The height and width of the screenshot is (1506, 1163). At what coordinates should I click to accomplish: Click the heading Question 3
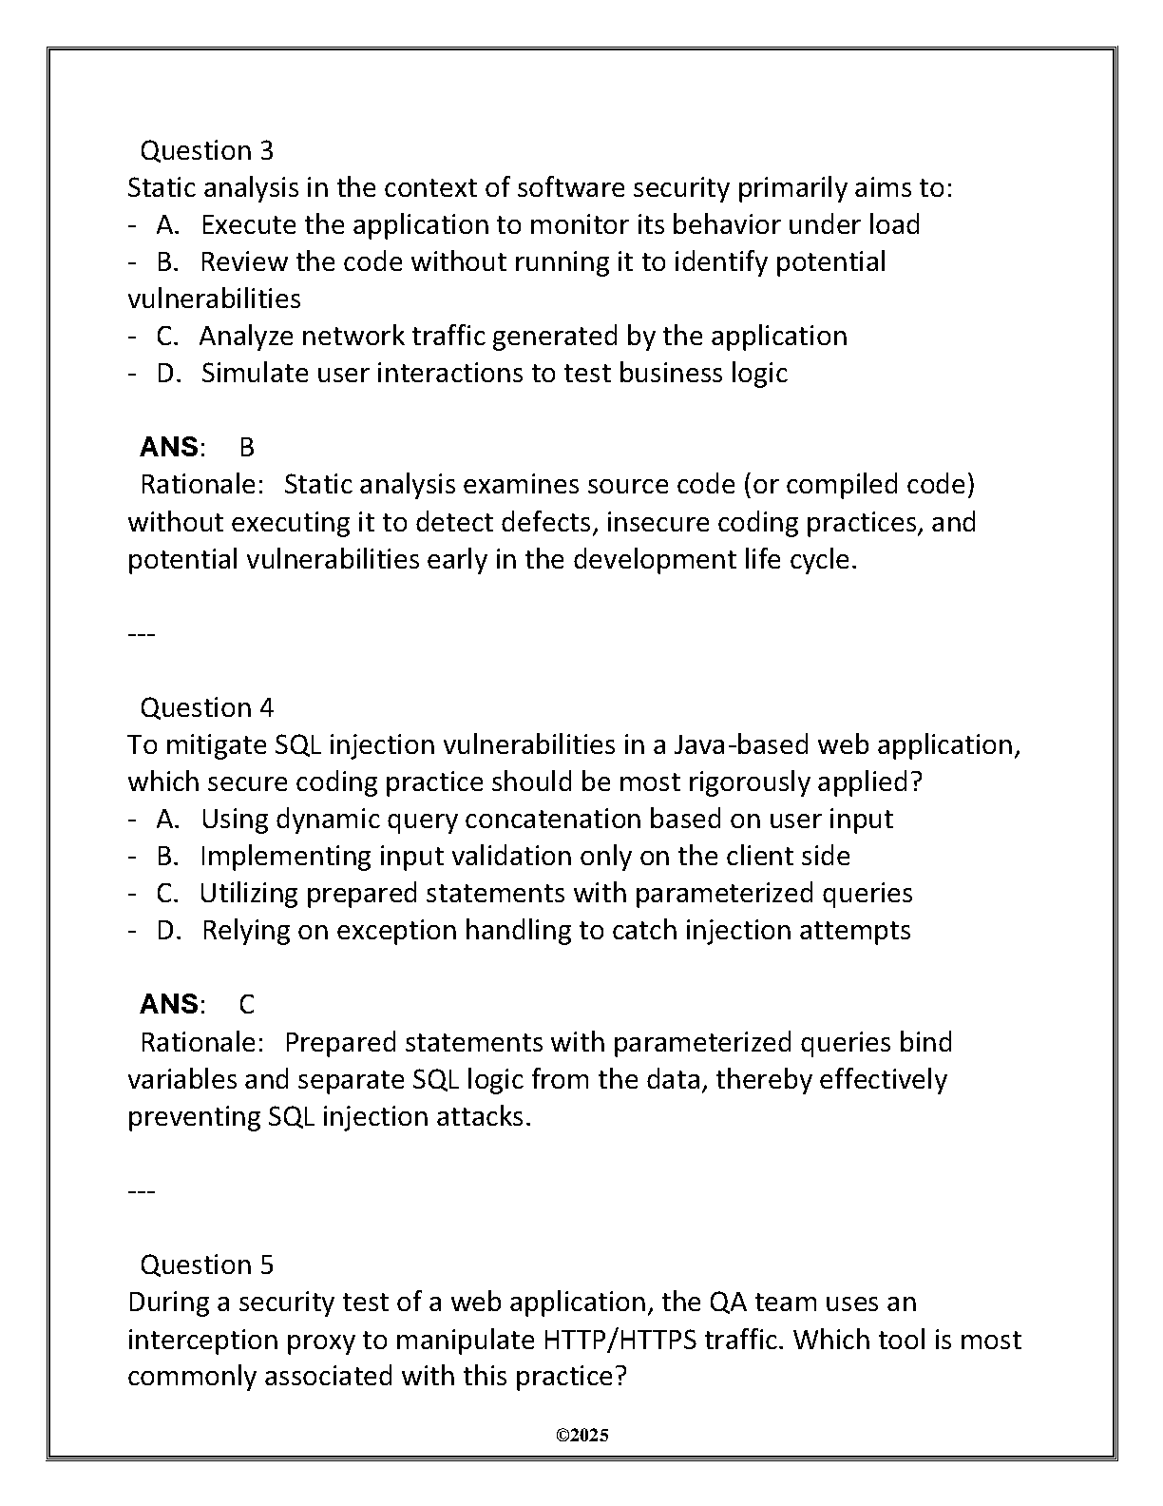click(x=206, y=150)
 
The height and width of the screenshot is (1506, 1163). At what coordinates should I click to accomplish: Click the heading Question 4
click(x=206, y=707)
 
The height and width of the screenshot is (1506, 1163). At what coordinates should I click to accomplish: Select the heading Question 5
click(x=206, y=1265)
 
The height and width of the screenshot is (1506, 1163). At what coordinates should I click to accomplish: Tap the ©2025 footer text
click(x=581, y=1436)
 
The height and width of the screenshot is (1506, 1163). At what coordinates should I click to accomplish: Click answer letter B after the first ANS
click(x=247, y=447)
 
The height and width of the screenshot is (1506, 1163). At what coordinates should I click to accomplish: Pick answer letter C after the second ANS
click(x=247, y=1004)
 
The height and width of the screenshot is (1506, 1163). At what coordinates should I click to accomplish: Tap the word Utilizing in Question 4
click(x=248, y=893)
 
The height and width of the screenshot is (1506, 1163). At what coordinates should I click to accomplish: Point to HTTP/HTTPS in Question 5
click(x=620, y=1340)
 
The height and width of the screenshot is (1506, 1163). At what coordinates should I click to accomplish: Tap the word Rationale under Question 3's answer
click(x=201, y=484)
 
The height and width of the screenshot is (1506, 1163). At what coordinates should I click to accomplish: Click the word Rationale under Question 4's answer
click(x=201, y=1042)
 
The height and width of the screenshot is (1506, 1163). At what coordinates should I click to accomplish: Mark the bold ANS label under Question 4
click(x=169, y=1004)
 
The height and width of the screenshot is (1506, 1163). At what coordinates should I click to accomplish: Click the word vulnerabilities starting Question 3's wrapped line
click(x=214, y=299)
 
